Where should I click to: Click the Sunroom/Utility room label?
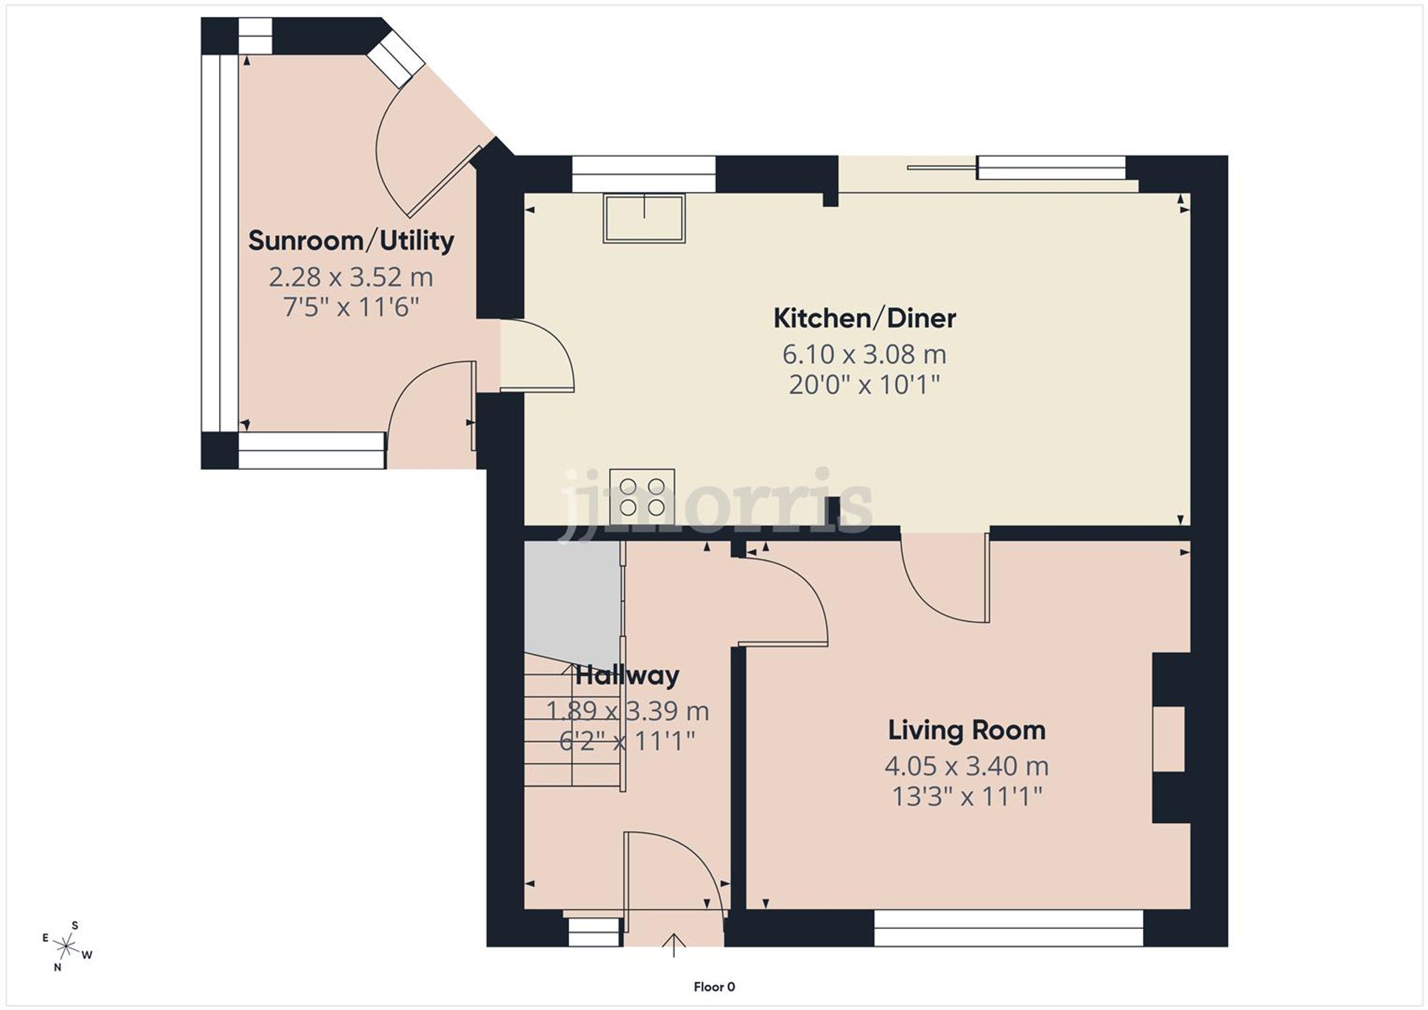coord(351,241)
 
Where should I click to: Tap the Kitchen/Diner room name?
coord(864,318)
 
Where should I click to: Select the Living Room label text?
coord(966,730)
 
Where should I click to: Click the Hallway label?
coord(627,675)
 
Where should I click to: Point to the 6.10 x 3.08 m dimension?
coord(864,354)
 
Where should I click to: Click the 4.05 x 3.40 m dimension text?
coord(966,766)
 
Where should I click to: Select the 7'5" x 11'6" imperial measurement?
coord(351,308)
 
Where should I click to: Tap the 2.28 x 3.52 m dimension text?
coord(351,277)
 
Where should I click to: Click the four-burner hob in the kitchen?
coord(642,497)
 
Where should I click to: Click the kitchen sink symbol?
coord(644,218)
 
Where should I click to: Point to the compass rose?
coord(66,947)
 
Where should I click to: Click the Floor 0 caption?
coord(714,986)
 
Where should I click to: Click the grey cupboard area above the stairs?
coord(571,600)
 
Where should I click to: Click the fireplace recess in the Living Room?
coord(1169,738)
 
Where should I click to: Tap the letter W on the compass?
coord(87,955)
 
